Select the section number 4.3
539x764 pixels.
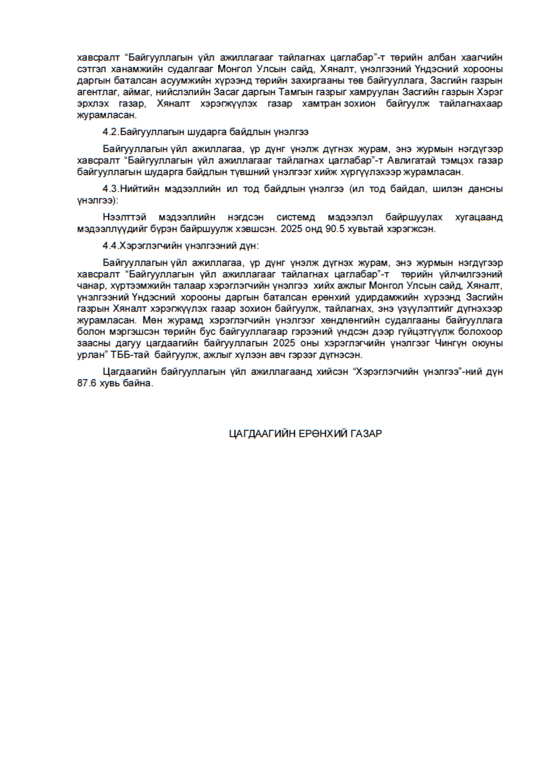click(110, 189)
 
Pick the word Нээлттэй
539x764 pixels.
click(123, 218)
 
